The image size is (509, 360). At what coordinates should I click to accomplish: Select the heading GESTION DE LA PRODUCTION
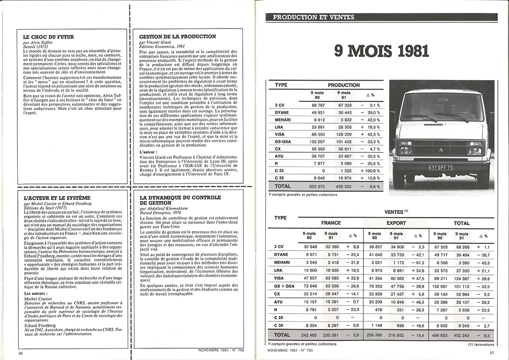pos(173,37)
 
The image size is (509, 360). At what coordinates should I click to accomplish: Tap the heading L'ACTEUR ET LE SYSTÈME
pos(56,197)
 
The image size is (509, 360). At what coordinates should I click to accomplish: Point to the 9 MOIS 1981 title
pos(381,51)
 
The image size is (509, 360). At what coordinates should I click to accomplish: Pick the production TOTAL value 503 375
pos(316,186)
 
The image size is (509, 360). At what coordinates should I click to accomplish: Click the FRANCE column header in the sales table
pos(330,223)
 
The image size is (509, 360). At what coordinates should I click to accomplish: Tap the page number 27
pos(492,353)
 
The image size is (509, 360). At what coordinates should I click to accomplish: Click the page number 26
pos(20,353)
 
